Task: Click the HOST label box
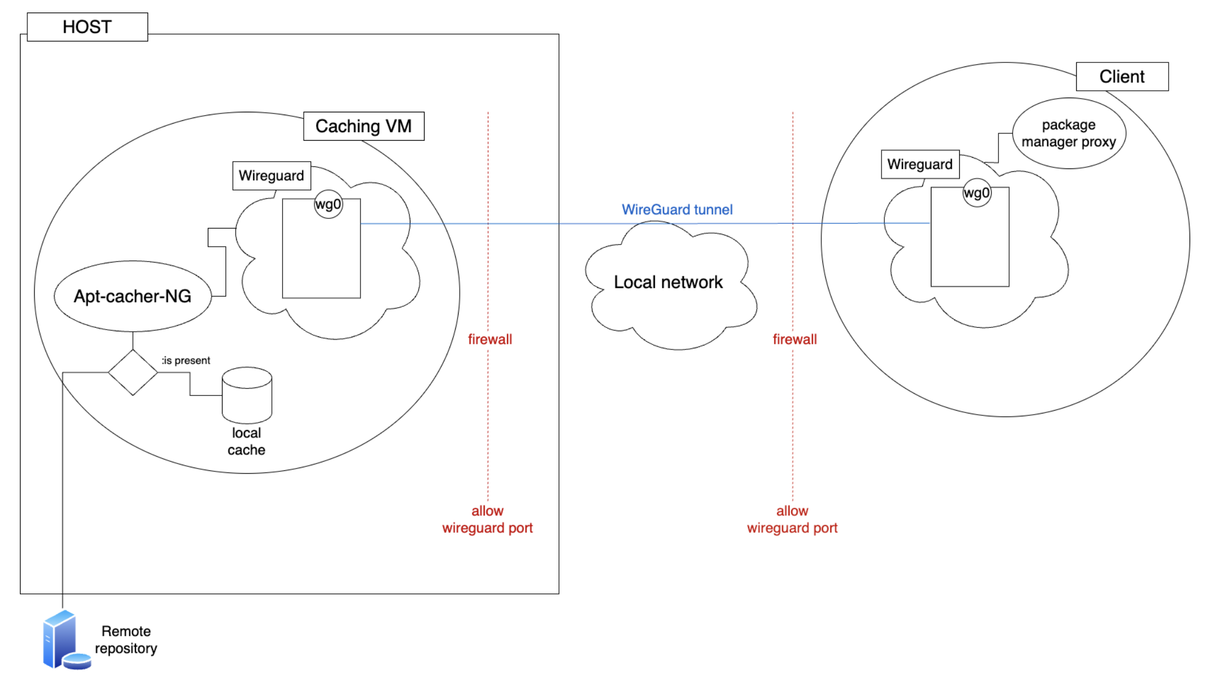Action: click(x=87, y=27)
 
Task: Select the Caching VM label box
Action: click(x=364, y=126)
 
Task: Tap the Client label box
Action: click(x=1122, y=77)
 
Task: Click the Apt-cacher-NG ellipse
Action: click(x=133, y=296)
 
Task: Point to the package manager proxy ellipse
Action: click(x=1069, y=133)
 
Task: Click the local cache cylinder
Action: click(x=247, y=395)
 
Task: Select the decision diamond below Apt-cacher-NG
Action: click(x=133, y=373)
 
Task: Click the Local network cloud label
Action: click(x=668, y=283)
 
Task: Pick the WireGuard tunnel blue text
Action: click(x=677, y=210)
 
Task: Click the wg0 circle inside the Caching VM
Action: click(x=329, y=204)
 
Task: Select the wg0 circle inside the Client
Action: click(x=977, y=193)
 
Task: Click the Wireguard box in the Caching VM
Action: click(x=271, y=176)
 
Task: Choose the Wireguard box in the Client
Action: click(x=920, y=165)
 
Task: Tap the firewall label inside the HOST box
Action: click(x=490, y=339)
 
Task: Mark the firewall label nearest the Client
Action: click(x=795, y=339)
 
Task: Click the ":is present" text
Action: click(x=186, y=361)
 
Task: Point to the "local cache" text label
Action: click(x=246, y=441)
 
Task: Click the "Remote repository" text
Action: click(x=126, y=640)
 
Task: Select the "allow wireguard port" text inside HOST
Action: click(x=488, y=520)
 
